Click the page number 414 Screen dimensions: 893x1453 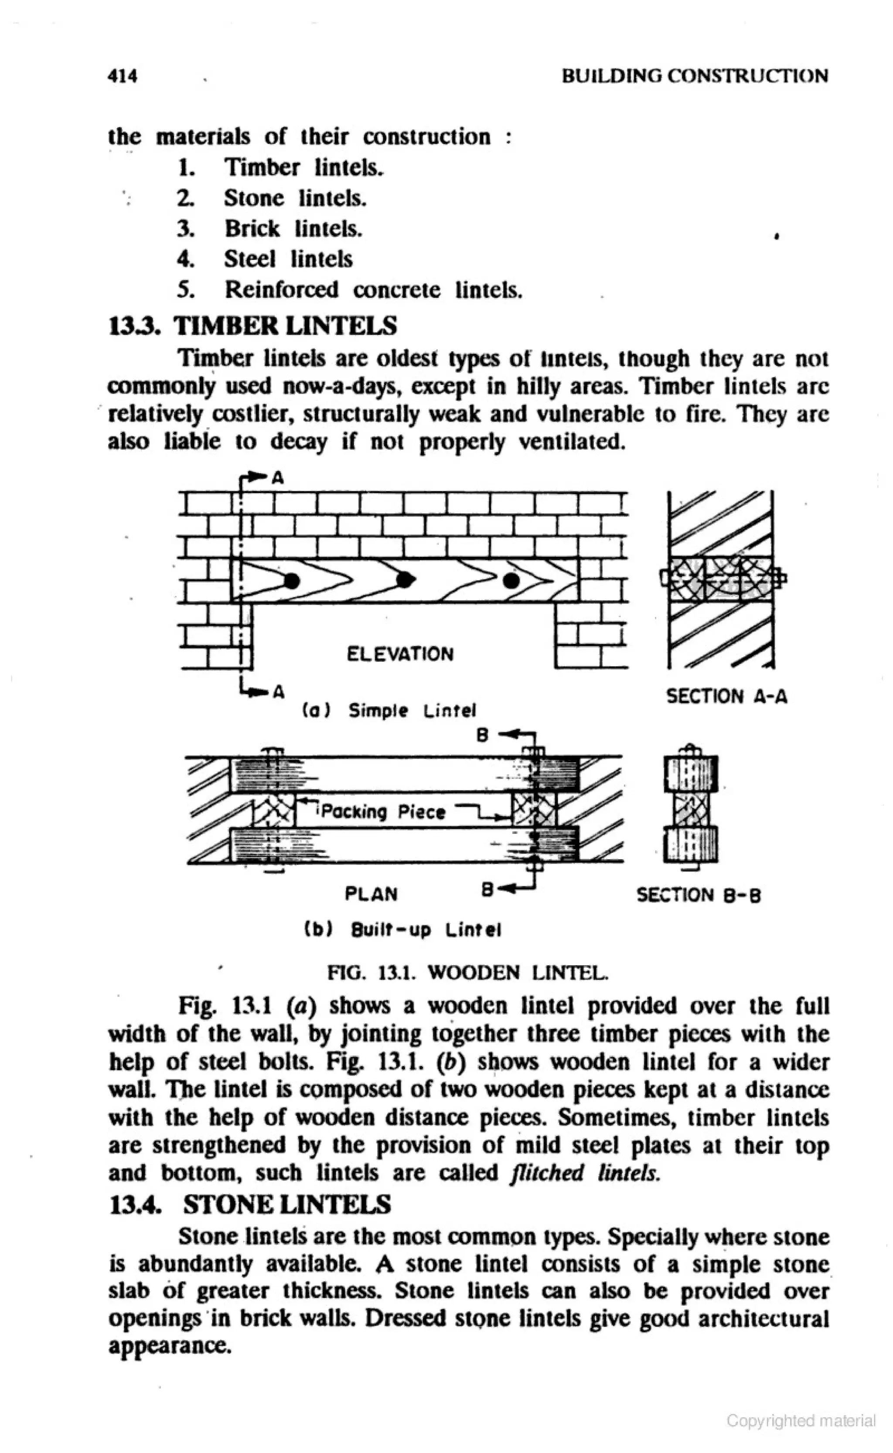[x=123, y=76]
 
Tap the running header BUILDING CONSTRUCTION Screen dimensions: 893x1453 [x=695, y=76]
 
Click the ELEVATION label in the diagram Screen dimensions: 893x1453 [x=400, y=654]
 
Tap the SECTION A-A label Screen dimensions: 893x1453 [x=726, y=697]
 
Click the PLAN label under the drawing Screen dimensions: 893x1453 [x=371, y=895]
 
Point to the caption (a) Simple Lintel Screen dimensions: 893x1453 [x=389, y=710]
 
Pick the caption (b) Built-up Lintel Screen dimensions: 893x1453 [x=402, y=931]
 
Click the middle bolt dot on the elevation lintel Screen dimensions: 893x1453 [x=404, y=580]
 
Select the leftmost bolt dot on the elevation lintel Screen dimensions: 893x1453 [x=292, y=581]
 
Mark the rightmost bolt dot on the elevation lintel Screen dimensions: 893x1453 [x=511, y=582]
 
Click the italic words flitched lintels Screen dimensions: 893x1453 [x=583, y=1173]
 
